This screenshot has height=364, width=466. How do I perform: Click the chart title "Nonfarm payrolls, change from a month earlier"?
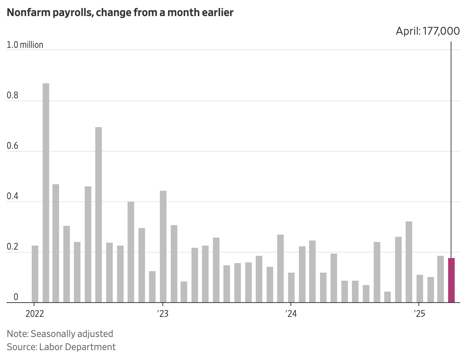(x=120, y=13)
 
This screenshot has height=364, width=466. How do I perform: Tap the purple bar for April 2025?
(x=451, y=280)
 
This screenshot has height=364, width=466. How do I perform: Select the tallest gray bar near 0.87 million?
(x=46, y=193)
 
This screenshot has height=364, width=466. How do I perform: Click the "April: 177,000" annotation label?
(x=428, y=31)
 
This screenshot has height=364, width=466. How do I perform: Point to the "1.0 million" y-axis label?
(x=25, y=45)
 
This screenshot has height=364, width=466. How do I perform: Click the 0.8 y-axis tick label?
(x=12, y=96)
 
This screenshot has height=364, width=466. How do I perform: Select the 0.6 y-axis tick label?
(x=12, y=146)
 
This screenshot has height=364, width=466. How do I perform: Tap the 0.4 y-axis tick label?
(x=12, y=197)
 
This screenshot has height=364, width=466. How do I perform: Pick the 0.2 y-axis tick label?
(x=12, y=247)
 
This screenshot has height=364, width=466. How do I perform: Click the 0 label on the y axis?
(x=16, y=297)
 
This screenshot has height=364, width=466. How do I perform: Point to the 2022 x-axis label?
(x=35, y=314)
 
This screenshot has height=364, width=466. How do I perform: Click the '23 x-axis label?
(x=163, y=314)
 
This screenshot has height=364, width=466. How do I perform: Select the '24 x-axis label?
(x=291, y=314)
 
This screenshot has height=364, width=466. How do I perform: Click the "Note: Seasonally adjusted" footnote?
(x=60, y=334)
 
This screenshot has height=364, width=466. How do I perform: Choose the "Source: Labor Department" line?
(x=61, y=347)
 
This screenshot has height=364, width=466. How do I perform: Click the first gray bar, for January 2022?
(x=35, y=274)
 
